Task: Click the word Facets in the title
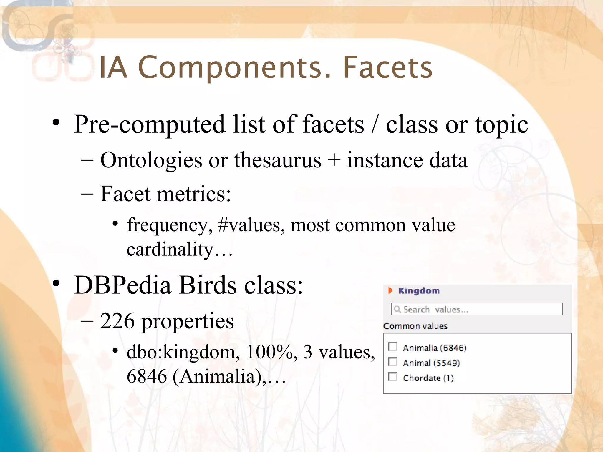pos(387,68)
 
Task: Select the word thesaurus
pos(278,160)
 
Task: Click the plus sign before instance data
pos(334,161)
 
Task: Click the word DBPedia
pos(122,285)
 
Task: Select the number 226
pos(117,321)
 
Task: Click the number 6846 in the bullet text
pos(147,376)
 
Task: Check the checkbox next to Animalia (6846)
pos(392,347)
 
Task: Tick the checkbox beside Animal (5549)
pos(392,362)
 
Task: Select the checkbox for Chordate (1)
pos(392,377)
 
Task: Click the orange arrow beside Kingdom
pos(390,290)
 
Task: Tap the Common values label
pos(415,326)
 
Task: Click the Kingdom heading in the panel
pos(419,291)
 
